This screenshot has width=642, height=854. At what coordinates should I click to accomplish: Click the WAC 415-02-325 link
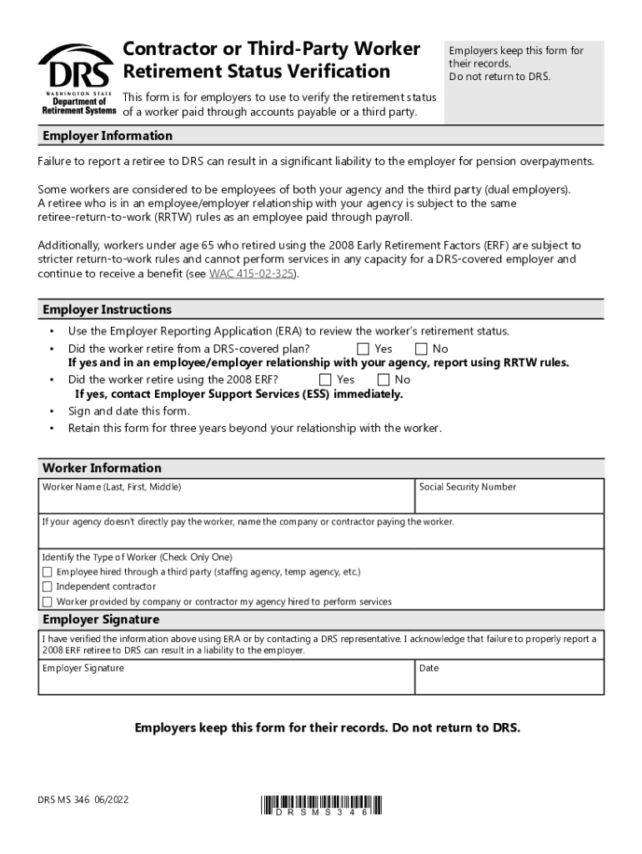(252, 274)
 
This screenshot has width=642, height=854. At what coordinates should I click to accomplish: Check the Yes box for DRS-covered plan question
(363, 349)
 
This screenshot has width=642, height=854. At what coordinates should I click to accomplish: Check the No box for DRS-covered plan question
(421, 349)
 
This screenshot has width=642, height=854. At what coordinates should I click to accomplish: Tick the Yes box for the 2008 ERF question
(325, 379)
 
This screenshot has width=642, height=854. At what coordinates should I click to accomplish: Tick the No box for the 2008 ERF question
(384, 379)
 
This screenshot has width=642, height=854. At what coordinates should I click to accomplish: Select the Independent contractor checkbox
(48, 586)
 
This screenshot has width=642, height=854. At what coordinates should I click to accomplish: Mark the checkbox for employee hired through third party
(48, 572)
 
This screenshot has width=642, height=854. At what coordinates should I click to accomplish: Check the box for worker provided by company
(48, 601)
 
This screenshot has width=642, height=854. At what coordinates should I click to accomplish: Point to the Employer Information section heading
(108, 136)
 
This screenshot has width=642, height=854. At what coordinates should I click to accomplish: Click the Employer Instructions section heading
(107, 309)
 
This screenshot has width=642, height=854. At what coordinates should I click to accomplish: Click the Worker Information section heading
(102, 468)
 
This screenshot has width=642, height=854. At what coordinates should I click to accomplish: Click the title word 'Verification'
(344, 72)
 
